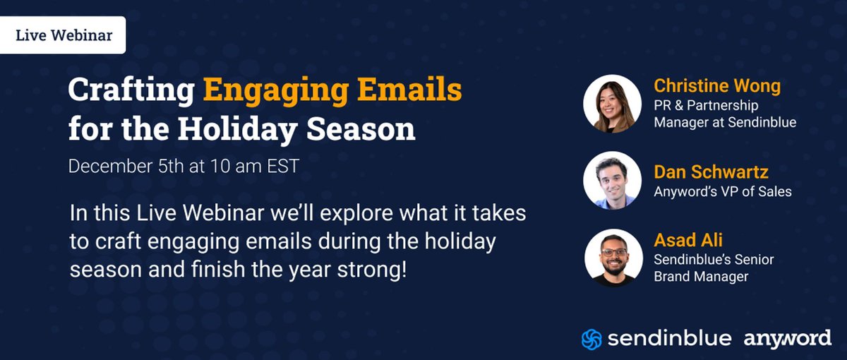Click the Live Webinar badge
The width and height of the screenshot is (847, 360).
click(63, 35)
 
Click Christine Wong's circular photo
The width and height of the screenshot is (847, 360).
click(613, 104)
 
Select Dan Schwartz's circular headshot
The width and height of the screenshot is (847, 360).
click(613, 181)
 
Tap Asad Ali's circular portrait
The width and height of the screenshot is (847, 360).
click(613, 258)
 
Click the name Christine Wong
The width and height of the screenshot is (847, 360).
click(716, 86)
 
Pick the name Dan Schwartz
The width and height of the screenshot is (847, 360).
click(709, 172)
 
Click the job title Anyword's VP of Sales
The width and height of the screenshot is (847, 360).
click(722, 191)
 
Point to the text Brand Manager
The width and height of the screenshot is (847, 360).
click(700, 277)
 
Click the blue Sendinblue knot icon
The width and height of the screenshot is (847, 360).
click(591, 339)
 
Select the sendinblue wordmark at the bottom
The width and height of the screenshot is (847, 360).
click(668, 339)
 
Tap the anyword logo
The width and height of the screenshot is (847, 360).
click(787, 339)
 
